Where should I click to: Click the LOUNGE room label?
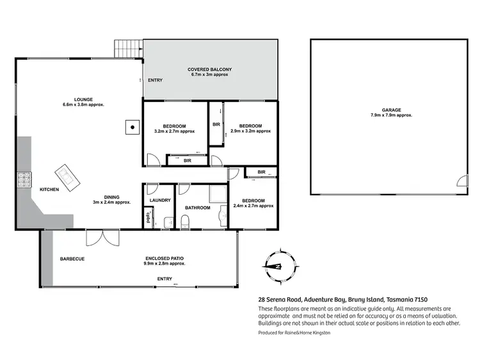[x=83, y=99]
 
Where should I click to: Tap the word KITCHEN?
[x=50, y=190]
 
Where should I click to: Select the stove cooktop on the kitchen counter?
[x=24, y=179]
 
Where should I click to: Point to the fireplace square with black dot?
[x=132, y=127]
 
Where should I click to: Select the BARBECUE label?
[x=72, y=259]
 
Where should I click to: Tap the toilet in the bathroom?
[x=184, y=222]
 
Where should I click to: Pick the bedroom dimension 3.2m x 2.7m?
[x=175, y=131]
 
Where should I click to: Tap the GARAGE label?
[x=391, y=110]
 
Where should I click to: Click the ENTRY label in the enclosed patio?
[x=164, y=279]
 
